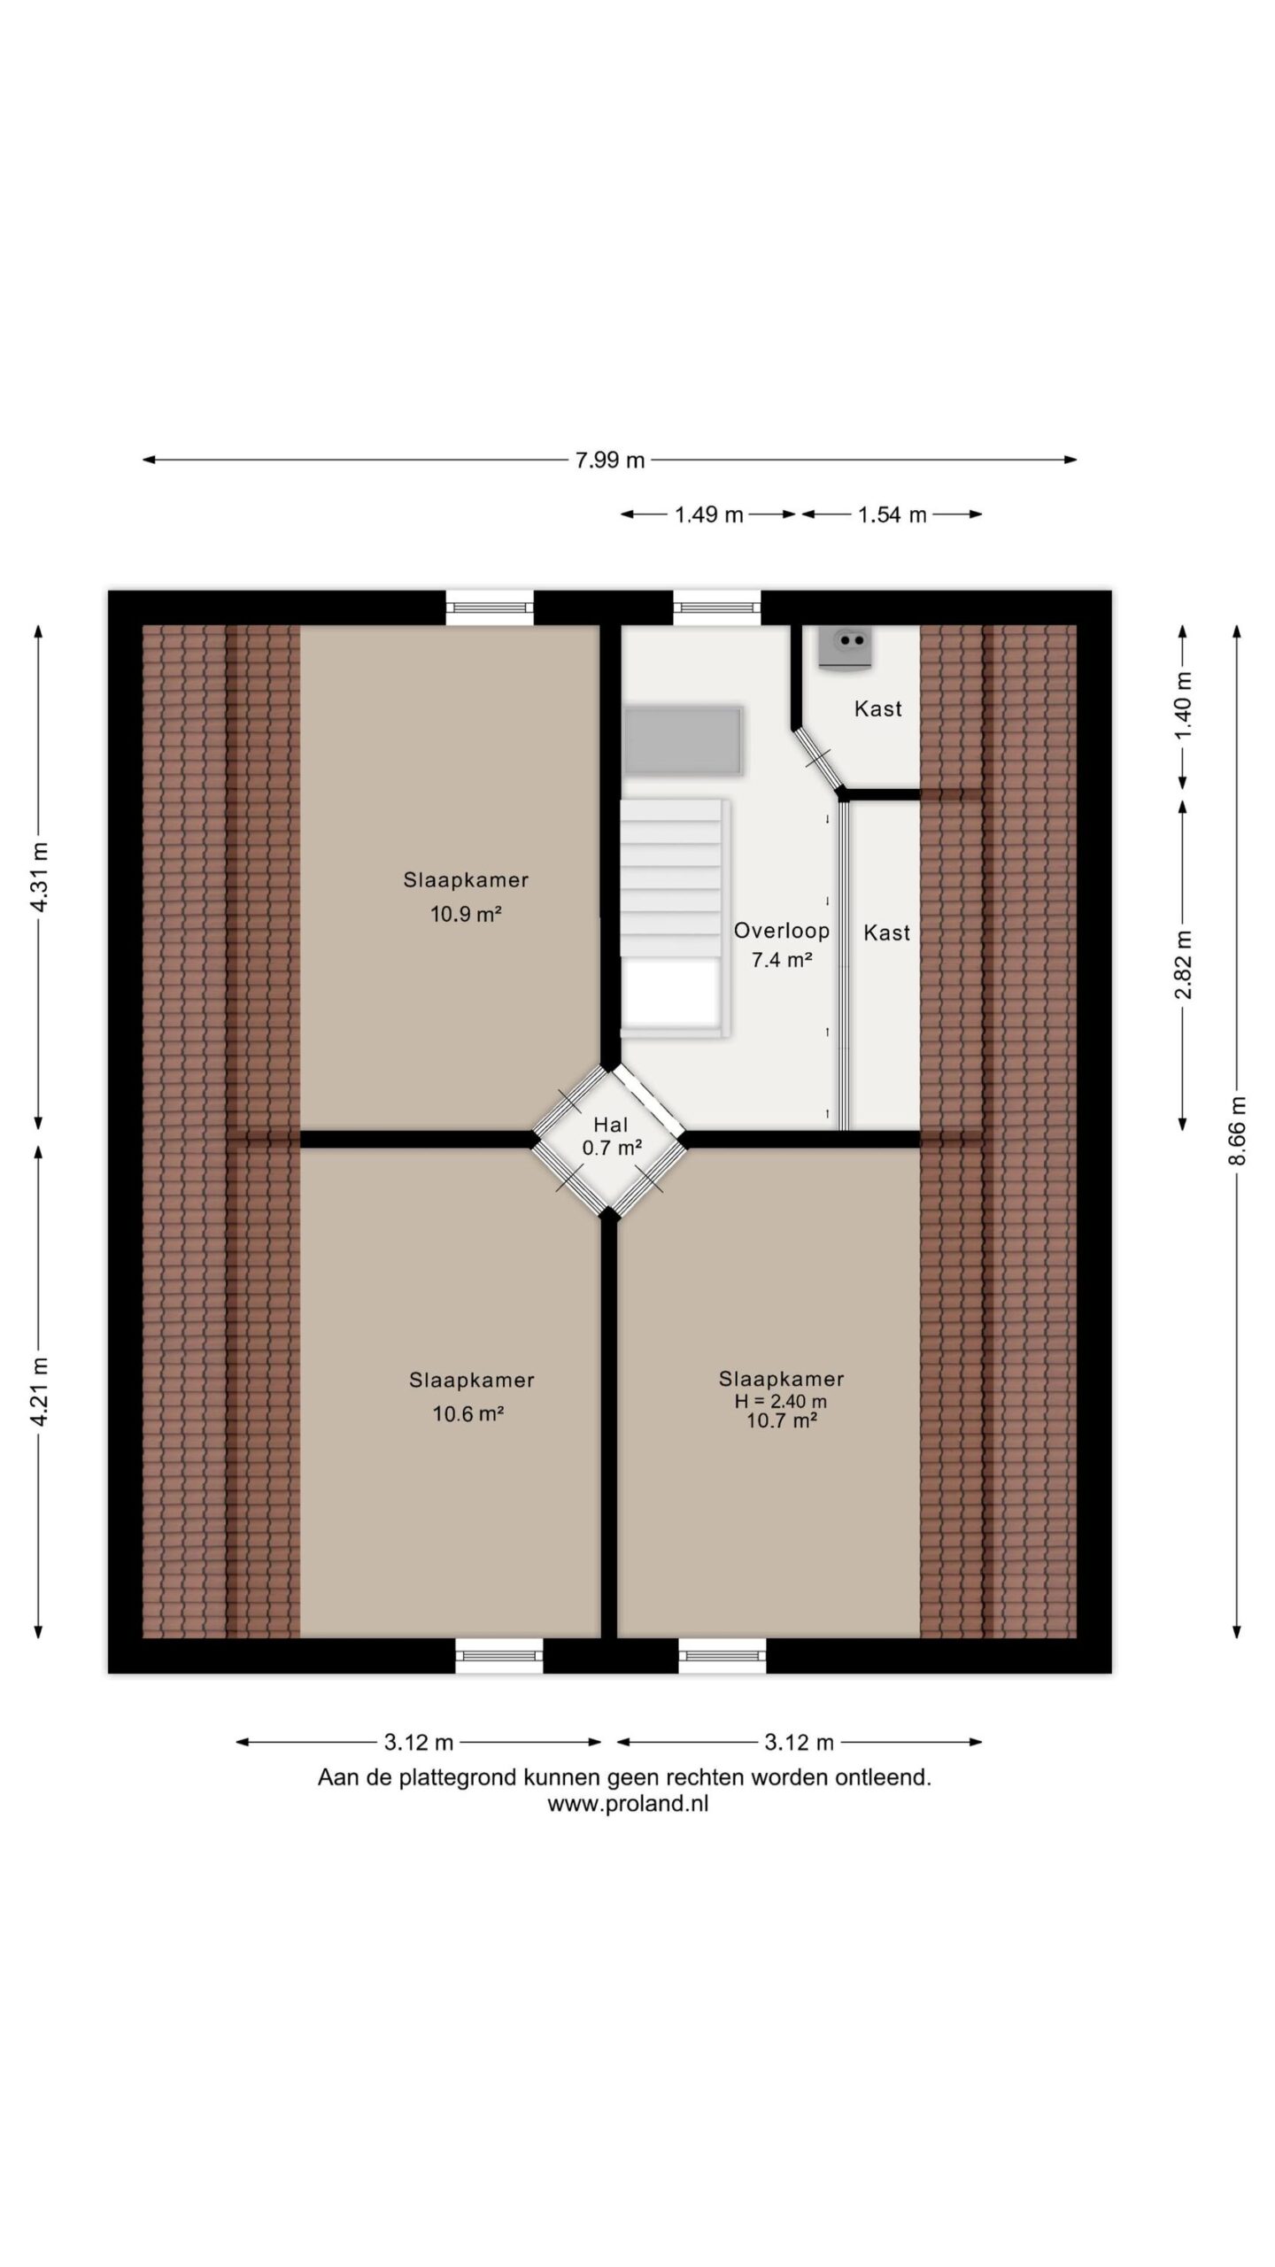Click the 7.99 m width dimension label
coord(610,460)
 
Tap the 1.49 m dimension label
coord(708,515)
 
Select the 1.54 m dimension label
coord(892,515)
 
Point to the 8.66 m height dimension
coord(1238,1131)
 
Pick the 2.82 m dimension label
coord(1184,964)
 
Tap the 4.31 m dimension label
coord(39,877)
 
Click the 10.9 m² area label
coord(466,914)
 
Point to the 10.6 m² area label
coord(467,1413)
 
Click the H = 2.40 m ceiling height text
coord(781,1402)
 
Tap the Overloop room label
coord(782,931)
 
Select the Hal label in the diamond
coord(611,1125)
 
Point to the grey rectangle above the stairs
coord(683,741)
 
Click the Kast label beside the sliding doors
coord(886,932)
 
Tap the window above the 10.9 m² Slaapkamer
coord(490,607)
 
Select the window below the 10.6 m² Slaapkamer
coord(499,1655)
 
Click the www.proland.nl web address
coord(628,1804)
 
